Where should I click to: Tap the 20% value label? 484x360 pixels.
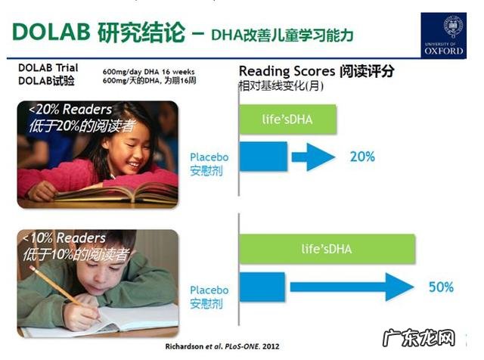(362, 157)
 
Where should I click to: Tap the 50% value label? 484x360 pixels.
(441, 287)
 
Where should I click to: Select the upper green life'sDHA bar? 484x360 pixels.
(287, 118)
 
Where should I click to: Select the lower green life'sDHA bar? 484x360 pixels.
(327, 249)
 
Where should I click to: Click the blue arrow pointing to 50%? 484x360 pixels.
(352, 287)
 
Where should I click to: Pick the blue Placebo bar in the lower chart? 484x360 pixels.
(262, 287)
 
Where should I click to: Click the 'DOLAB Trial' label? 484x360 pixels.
(48, 68)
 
